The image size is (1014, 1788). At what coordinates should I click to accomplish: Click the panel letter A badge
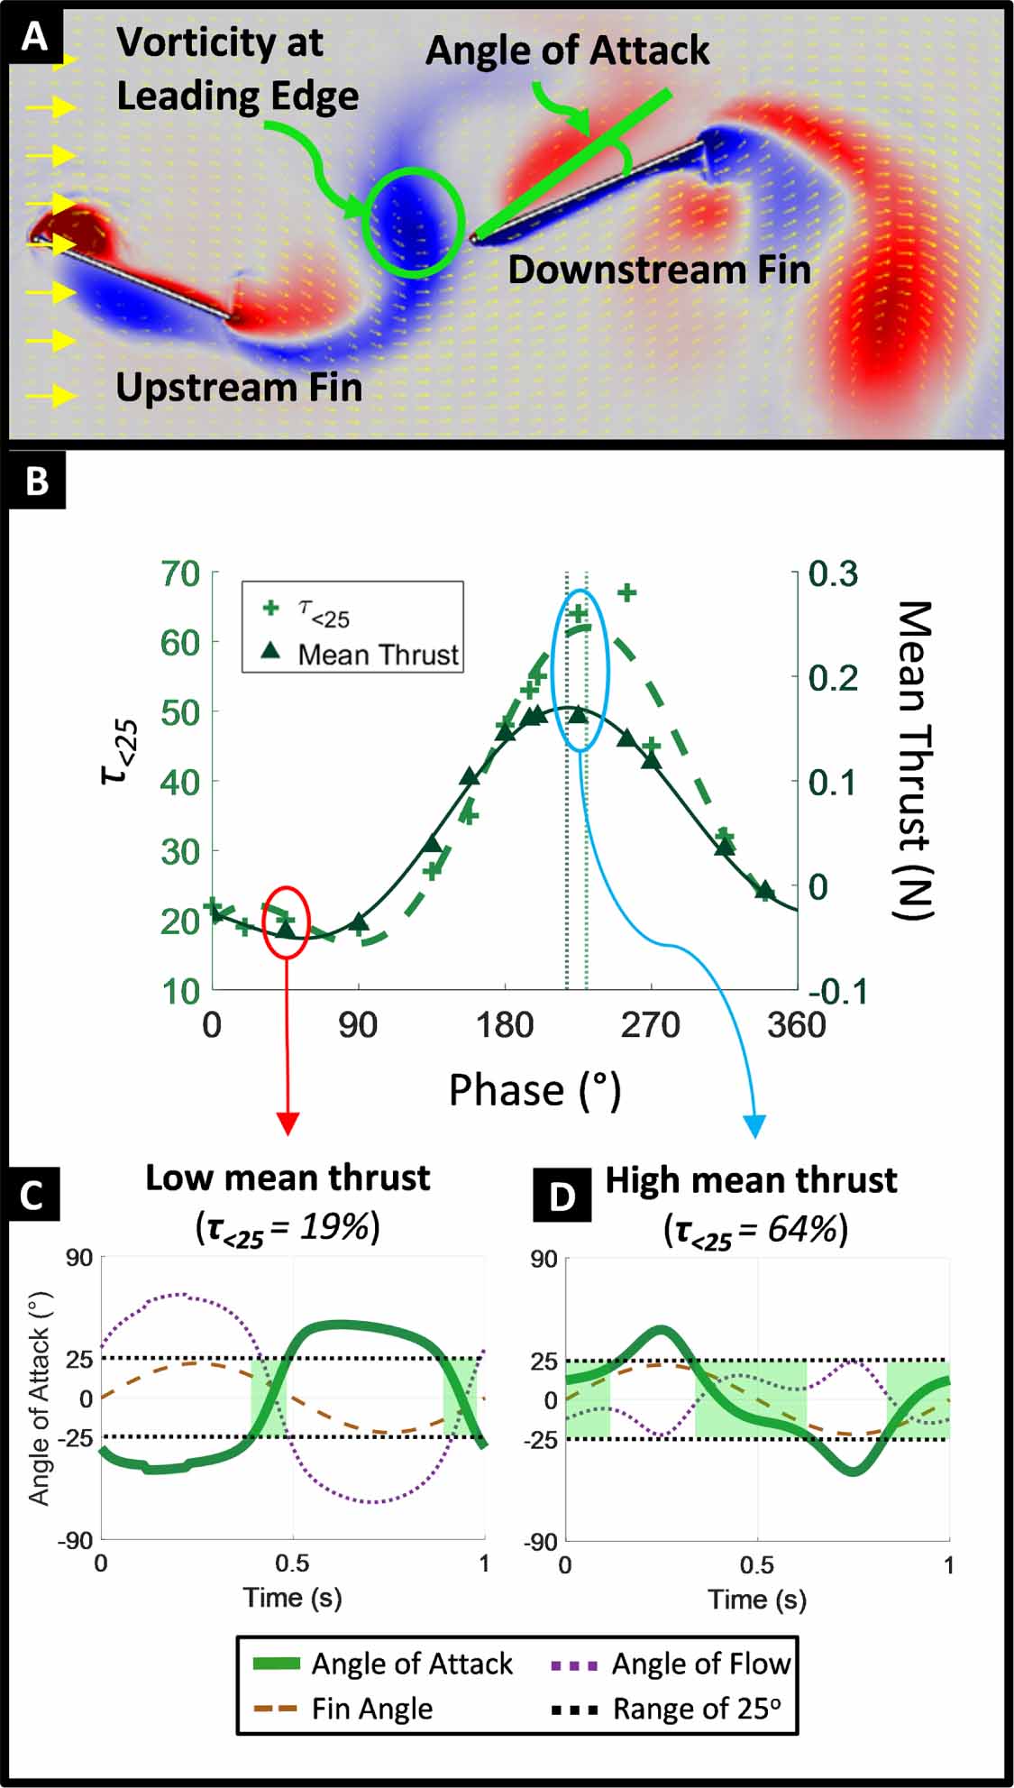point(34,37)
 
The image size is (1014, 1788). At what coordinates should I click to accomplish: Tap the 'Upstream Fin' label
point(239,388)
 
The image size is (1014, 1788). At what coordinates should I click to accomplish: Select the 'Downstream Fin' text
point(659,270)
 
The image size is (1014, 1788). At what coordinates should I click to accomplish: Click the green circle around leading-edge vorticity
point(413,222)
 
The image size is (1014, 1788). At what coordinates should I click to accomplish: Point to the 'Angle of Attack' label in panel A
point(567,50)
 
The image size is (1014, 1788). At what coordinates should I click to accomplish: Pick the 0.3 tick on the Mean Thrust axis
point(833,573)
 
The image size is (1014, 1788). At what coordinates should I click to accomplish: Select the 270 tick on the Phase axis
point(650,1026)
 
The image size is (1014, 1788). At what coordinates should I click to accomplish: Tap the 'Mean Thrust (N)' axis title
point(913,759)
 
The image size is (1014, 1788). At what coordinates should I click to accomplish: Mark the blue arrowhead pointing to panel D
point(754,1124)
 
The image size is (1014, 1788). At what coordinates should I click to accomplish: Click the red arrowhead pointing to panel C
point(287,1123)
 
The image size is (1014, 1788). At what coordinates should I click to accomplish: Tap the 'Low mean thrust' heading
point(288,1178)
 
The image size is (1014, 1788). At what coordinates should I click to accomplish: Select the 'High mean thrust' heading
point(751,1180)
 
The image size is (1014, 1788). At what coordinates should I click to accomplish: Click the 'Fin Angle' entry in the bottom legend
point(372,1709)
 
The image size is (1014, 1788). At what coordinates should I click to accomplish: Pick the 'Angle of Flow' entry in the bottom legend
point(700,1664)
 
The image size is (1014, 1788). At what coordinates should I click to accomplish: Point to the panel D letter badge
point(562,1196)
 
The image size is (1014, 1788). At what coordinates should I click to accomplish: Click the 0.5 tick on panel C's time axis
point(292,1563)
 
